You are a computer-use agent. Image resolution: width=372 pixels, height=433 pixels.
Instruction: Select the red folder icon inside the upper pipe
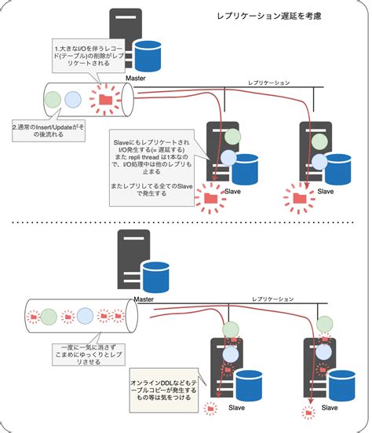104,99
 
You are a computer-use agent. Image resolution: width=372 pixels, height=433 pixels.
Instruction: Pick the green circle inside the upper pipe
53,100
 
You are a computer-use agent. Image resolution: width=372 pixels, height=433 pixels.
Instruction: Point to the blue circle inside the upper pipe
74,100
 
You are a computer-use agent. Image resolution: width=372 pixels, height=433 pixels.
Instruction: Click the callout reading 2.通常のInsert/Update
49,130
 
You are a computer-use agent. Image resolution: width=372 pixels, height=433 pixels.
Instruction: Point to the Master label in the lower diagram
143,299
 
